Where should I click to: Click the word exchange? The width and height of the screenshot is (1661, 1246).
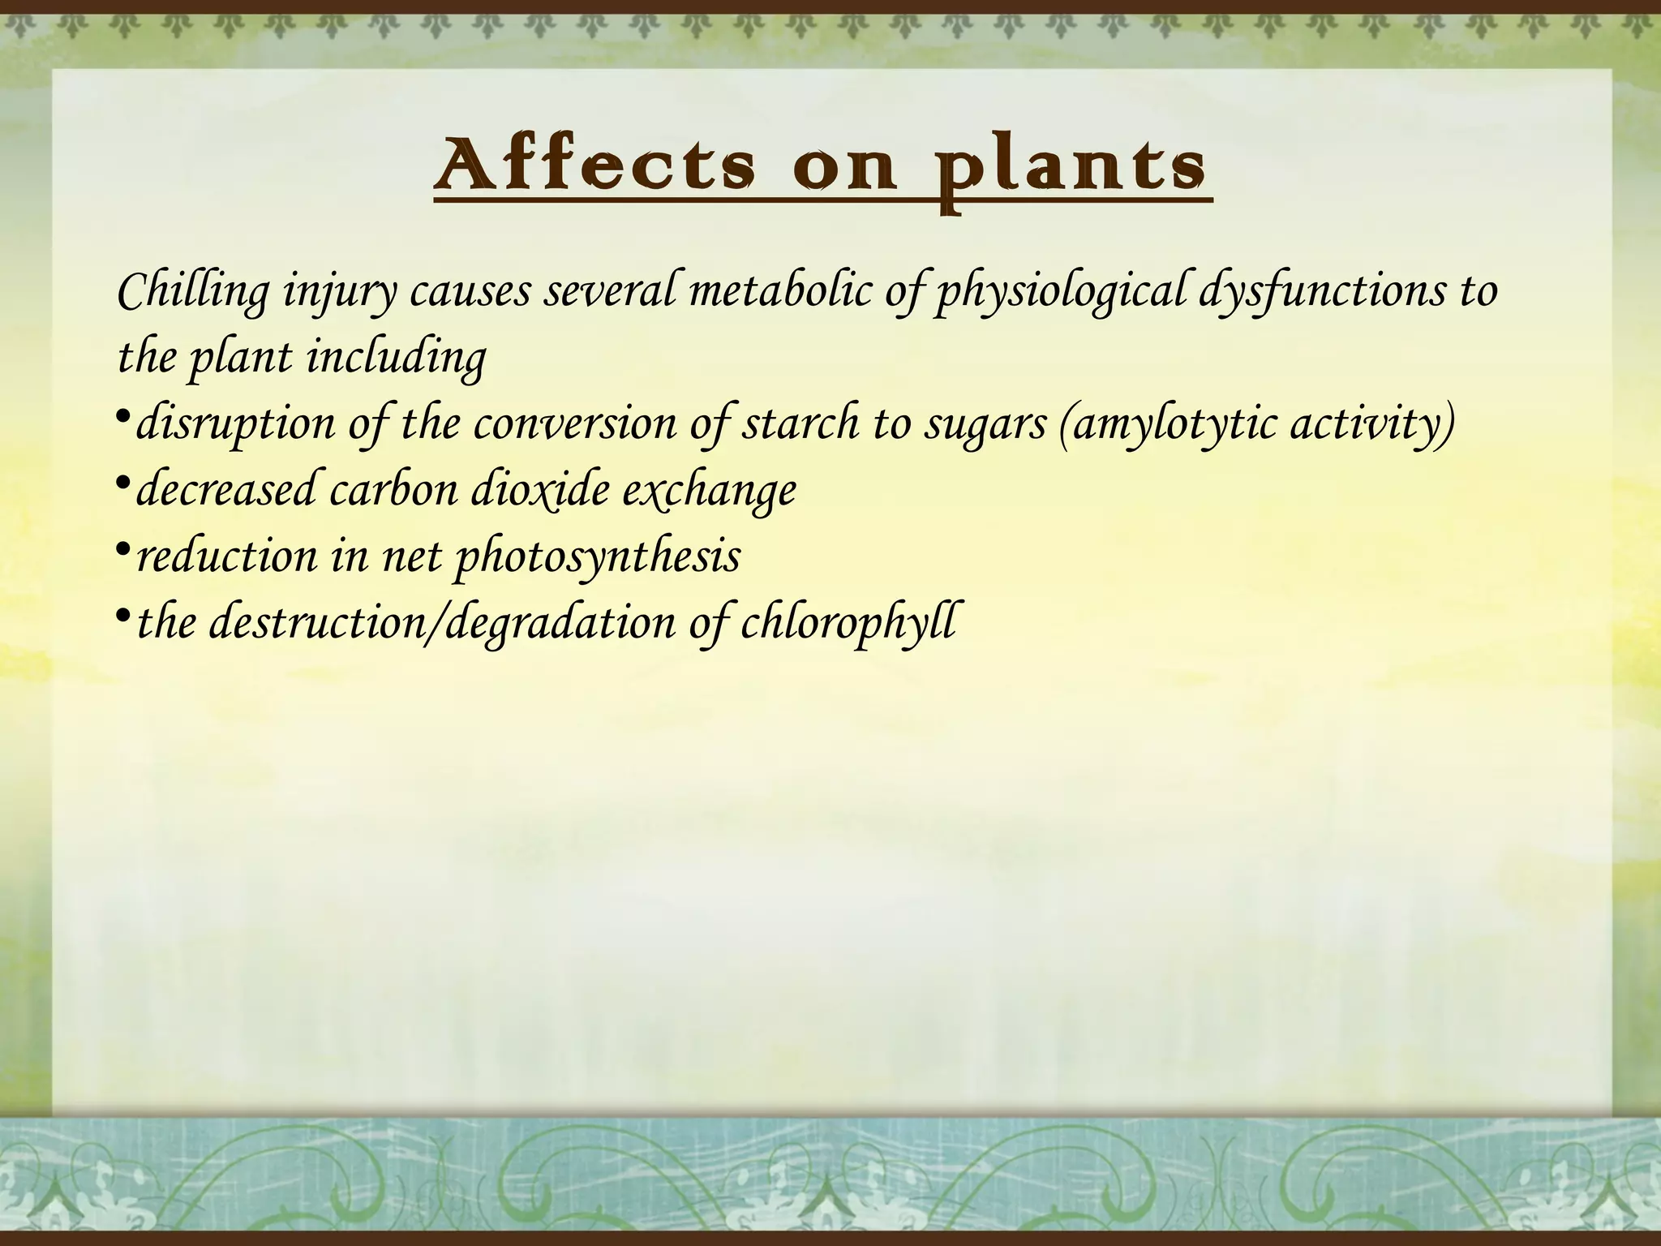tap(709, 492)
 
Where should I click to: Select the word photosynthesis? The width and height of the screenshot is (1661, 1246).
tap(597, 558)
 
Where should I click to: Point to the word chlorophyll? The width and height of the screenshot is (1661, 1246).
tap(847, 623)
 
